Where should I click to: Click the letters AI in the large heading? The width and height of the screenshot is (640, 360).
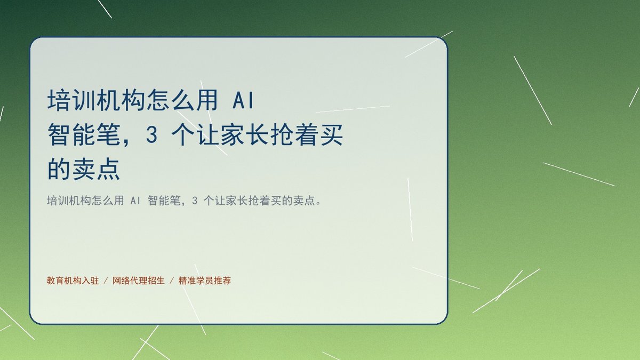[243, 101]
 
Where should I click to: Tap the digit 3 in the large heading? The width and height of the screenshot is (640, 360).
[151, 135]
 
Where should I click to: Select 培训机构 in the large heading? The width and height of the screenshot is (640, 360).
[95, 100]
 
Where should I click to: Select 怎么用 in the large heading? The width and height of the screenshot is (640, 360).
[182, 100]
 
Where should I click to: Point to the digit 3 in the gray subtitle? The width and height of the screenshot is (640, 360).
[195, 201]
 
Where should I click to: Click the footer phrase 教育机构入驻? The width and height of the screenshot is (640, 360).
[73, 281]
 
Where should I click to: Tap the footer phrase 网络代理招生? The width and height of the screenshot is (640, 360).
[139, 281]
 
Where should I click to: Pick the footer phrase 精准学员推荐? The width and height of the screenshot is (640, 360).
[205, 281]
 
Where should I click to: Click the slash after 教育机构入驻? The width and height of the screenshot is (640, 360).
[106, 281]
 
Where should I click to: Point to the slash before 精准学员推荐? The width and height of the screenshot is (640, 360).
[172, 281]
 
